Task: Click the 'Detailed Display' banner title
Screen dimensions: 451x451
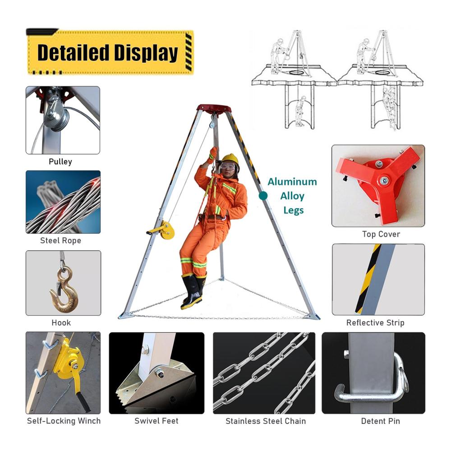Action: [108, 52]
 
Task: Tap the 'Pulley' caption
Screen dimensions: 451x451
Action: [60, 161]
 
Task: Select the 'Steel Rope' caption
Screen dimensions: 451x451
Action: [61, 240]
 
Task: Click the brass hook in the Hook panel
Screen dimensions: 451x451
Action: [64, 290]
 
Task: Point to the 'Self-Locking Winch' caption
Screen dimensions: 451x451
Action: [64, 421]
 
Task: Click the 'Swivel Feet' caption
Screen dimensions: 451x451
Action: [156, 421]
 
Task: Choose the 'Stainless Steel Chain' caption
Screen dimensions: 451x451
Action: [266, 421]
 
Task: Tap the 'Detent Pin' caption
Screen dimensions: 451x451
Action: [381, 421]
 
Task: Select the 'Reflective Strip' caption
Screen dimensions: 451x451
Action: [375, 323]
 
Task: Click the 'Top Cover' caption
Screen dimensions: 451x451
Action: [381, 234]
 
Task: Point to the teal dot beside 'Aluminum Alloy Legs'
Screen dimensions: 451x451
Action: [263, 196]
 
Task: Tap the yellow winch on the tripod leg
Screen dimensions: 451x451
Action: [165, 230]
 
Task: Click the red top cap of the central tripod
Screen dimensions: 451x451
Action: [214, 109]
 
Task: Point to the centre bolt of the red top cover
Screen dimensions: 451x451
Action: [384, 181]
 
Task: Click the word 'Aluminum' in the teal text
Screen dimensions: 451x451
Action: [292, 182]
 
